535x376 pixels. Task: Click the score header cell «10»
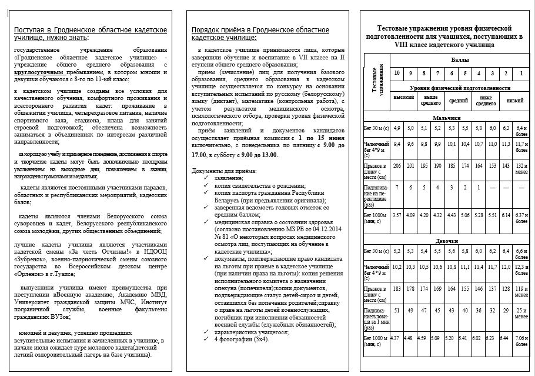398,72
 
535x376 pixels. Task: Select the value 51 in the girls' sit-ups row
397,310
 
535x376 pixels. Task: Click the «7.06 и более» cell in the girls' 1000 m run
520,340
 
